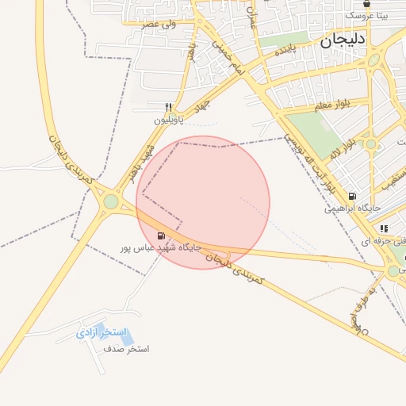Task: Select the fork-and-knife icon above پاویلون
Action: click(x=168, y=107)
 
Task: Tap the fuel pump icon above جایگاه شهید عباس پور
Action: click(x=162, y=236)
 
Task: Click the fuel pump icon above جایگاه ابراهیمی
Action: click(x=352, y=196)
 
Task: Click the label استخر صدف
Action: click(x=128, y=349)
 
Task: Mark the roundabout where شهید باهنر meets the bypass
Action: click(x=110, y=202)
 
